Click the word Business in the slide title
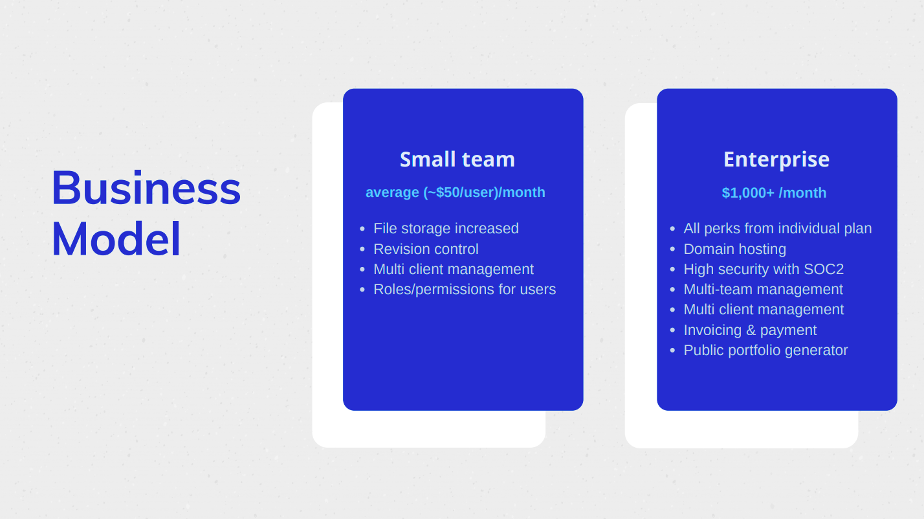[x=146, y=188]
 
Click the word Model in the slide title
[x=116, y=239]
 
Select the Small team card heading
[x=457, y=159]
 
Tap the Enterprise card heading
[x=776, y=160]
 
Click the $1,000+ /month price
[x=775, y=192]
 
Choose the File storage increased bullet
[x=446, y=229]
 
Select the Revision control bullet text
[x=426, y=249]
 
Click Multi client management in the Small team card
[x=454, y=270]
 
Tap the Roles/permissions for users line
[x=465, y=289]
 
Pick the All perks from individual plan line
[x=778, y=229]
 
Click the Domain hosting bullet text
[x=734, y=249]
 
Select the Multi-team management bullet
[x=763, y=289]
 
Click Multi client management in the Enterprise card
[x=764, y=310]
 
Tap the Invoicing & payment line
[x=750, y=330]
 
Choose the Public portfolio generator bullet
[x=765, y=351]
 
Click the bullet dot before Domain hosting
[x=672, y=249]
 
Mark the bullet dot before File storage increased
[x=362, y=229]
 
